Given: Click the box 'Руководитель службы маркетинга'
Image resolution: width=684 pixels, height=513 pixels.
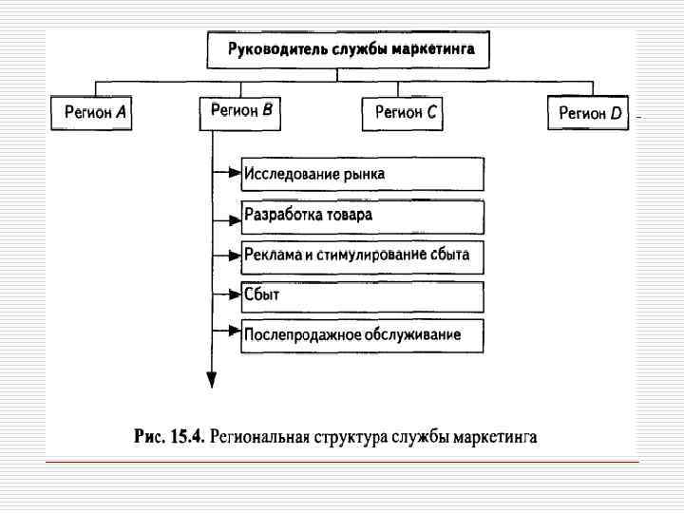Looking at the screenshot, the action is pos(348,48).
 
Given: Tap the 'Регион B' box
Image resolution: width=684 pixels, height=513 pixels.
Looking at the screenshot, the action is pos(241,111).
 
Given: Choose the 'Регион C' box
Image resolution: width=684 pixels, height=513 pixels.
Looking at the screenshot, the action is pos(406,113).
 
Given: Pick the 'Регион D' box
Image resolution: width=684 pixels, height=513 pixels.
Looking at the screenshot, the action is pos(590,114).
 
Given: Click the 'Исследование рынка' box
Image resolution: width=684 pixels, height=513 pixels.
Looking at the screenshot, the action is pos(362,174).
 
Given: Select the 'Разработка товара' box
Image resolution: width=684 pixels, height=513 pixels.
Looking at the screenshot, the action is pos(362,216).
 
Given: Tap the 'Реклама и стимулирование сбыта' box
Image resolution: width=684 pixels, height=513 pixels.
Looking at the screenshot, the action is pos(362,256).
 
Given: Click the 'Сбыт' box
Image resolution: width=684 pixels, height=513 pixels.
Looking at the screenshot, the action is pos(362,295).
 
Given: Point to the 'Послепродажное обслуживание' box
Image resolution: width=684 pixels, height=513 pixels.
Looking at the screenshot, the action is pos(362,335).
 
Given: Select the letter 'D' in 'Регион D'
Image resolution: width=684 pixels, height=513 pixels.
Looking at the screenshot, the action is pos(616,114).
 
